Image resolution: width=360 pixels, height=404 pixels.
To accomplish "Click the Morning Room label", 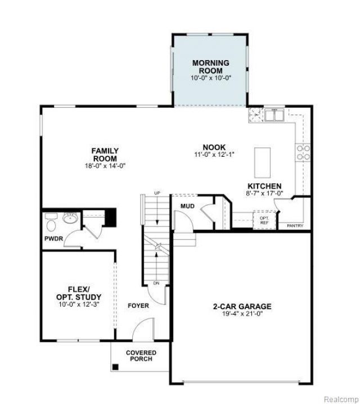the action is [211, 67].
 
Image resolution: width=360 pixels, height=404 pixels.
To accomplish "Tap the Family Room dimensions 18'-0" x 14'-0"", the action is [105, 166].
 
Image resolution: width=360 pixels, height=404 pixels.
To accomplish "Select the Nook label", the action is [214, 147].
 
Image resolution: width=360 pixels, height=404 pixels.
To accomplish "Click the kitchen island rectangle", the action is [262, 162].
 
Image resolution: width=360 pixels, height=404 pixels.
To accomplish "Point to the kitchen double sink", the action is [274, 115].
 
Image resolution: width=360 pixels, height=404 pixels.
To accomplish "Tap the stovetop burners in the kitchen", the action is [303, 152].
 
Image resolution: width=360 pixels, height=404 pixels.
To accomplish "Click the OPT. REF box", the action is [264, 221].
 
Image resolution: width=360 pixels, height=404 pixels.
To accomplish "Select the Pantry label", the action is [295, 226].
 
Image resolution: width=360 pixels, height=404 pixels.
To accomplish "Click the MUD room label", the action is [187, 206].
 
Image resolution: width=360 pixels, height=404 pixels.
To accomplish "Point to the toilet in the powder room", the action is [51, 223].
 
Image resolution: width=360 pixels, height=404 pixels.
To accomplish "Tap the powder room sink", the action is [70, 218].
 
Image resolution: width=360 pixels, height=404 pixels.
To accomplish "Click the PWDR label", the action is [53, 239].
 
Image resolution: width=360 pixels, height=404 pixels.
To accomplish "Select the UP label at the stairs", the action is [157, 193].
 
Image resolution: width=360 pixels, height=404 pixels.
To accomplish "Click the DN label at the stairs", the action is [156, 283].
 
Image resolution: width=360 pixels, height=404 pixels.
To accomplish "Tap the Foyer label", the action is [138, 306].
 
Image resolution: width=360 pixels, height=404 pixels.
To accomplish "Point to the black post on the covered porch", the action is [115, 367].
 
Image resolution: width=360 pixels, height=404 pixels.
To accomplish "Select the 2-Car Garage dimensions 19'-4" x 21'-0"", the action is [242, 314].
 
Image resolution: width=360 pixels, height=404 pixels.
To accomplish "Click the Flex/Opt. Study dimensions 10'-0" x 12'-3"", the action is [79, 305].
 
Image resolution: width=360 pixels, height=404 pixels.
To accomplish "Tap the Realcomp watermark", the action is [341, 400].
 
